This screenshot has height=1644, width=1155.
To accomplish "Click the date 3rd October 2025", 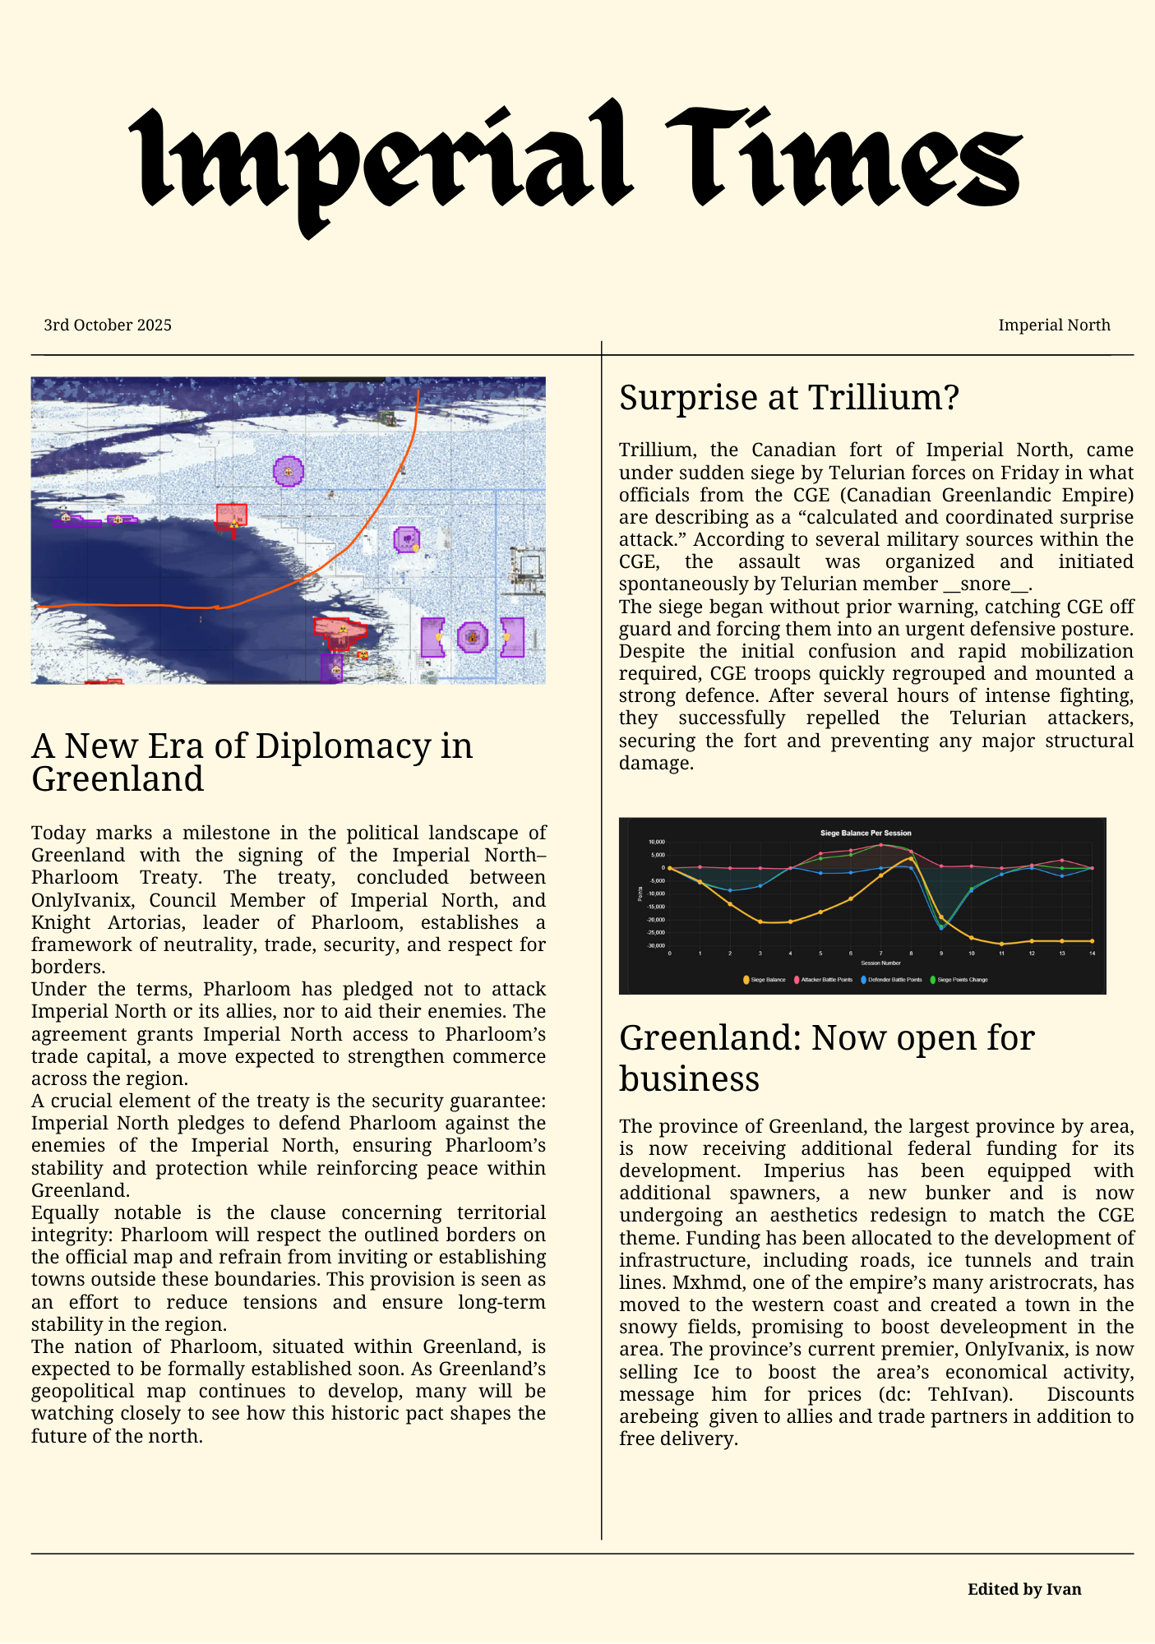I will [108, 326].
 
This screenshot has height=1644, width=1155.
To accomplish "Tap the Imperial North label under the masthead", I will [1054, 326].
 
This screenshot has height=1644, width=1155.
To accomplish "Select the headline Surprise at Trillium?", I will [789, 398].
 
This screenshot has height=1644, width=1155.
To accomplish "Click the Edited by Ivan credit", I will [1024, 1589].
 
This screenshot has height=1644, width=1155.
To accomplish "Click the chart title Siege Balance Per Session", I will [866, 833].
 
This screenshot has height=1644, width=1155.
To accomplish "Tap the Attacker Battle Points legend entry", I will [823, 980].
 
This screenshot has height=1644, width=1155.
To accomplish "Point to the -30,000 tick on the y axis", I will [655, 945].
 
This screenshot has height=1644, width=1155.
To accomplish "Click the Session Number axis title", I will [880, 963].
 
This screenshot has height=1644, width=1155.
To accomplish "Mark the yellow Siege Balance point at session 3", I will [760, 921].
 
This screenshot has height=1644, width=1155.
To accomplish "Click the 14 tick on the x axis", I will [1092, 954].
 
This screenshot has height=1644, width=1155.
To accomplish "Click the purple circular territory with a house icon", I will [288, 471].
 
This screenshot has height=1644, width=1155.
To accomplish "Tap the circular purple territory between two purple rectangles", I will [472, 637].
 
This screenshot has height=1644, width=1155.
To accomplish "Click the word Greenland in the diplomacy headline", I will [118, 779].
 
